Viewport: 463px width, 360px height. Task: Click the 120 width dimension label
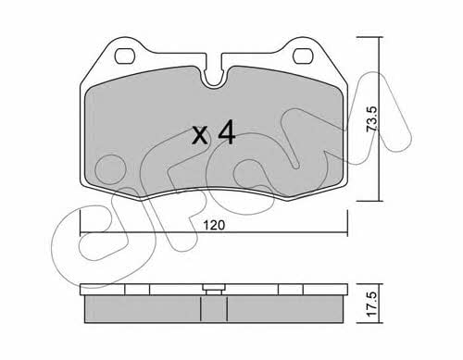click(x=215, y=225)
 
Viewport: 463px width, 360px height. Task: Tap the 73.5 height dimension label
click(x=372, y=119)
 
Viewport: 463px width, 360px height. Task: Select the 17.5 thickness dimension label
click(x=372, y=304)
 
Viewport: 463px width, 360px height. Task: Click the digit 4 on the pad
click(x=227, y=133)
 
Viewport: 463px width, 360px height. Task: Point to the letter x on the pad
click(x=200, y=136)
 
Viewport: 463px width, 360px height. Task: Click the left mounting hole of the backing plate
click(x=125, y=56)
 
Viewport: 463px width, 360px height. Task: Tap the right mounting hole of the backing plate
click(x=303, y=56)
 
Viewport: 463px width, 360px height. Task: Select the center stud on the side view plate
click(x=213, y=290)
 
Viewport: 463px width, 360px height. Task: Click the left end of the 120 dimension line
click(x=81, y=232)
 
